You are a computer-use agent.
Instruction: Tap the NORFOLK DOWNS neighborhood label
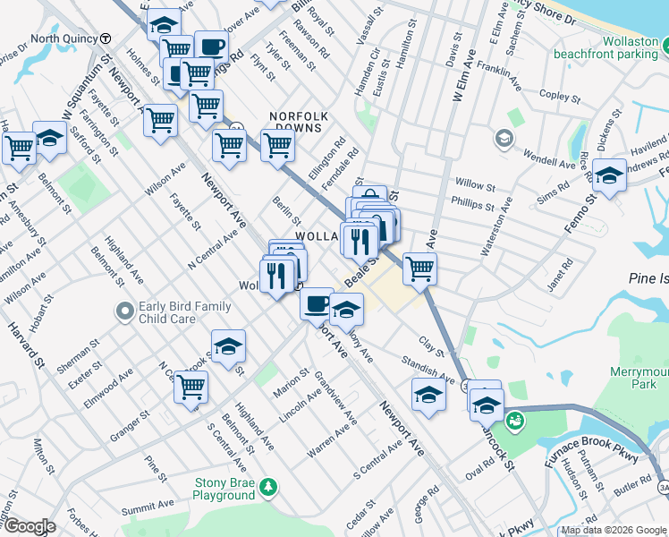pos(300,123)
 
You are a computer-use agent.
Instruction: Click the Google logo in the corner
pos(29,527)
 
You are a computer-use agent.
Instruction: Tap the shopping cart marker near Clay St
pos(419,268)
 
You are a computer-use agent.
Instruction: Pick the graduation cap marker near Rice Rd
pos(609,175)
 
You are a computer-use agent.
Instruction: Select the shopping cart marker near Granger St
pos(191,387)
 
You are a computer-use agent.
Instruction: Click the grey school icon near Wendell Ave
pos(504,139)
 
